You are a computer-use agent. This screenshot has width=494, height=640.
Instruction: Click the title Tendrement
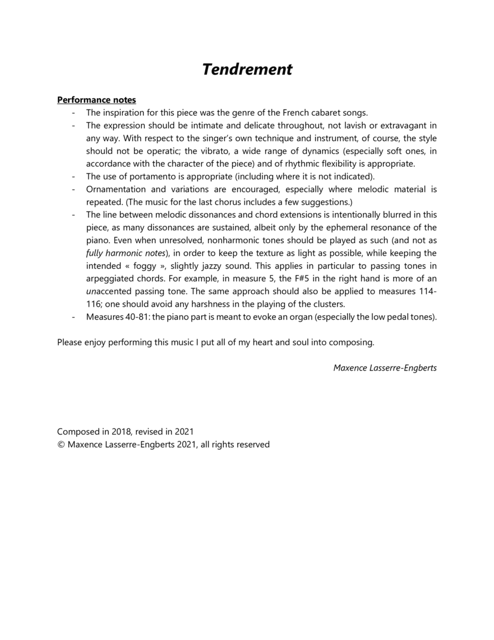(x=247, y=70)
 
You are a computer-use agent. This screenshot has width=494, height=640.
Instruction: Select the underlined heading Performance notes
(x=97, y=100)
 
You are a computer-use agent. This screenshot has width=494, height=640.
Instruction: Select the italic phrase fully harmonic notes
(x=126, y=253)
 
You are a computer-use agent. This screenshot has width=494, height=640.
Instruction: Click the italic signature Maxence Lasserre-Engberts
(x=385, y=368)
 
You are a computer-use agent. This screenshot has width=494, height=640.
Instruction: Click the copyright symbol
(x=61, y=444)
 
